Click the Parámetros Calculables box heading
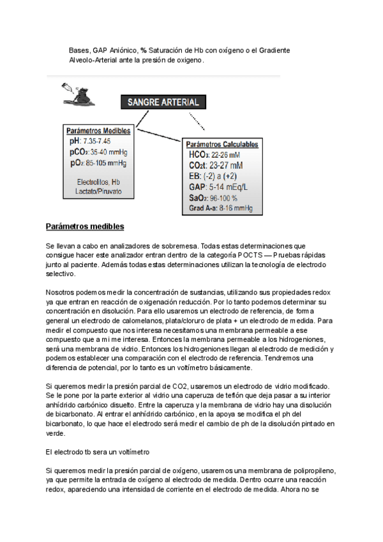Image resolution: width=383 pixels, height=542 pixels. point(220,144)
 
